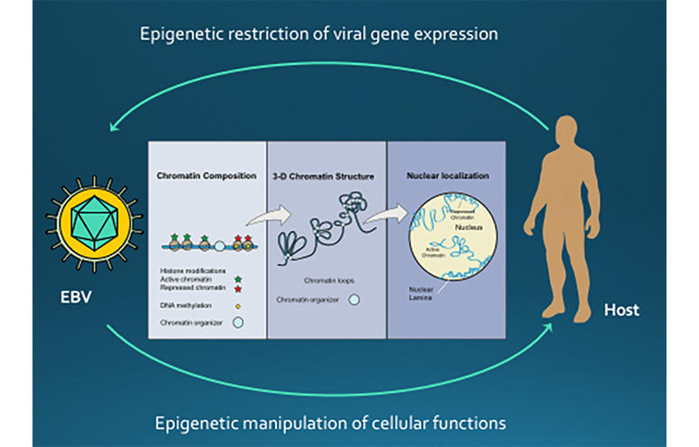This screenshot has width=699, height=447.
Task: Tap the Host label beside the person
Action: (622, 310)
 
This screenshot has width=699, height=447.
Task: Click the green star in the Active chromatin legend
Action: (236, 280)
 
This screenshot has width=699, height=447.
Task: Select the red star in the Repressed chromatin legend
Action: (236, 289)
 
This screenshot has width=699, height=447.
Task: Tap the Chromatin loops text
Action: (324, 281)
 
